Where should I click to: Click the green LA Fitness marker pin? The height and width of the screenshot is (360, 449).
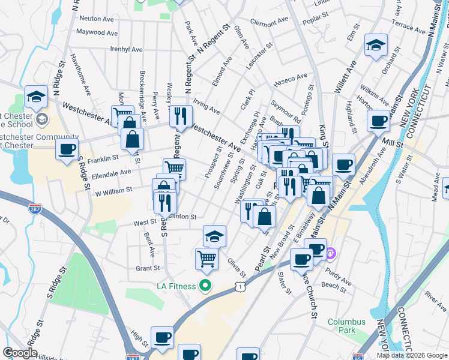206,286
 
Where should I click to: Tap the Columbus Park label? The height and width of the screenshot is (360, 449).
346,326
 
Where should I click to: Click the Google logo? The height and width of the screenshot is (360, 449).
20,353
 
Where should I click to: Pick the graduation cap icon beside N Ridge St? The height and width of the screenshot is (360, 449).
36,97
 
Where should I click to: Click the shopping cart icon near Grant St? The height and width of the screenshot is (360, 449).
206,259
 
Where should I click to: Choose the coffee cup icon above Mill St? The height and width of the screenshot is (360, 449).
379,121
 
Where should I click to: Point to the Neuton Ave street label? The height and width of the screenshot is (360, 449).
93,19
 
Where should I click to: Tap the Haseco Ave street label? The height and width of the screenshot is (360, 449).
290,77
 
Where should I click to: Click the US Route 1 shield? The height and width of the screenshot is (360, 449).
241,287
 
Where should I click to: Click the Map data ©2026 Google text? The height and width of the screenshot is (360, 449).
412,355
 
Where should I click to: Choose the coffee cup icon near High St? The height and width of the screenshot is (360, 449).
161,337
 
